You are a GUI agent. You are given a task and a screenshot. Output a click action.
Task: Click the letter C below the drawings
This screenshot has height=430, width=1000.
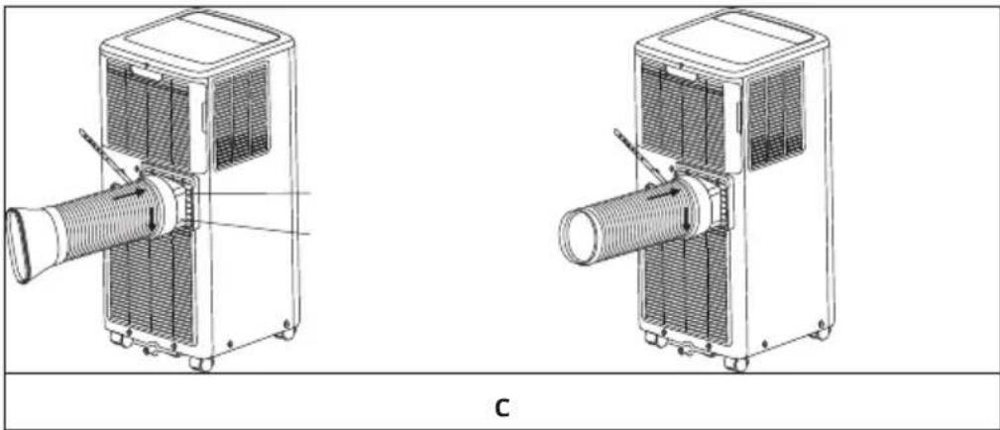coord(502,407)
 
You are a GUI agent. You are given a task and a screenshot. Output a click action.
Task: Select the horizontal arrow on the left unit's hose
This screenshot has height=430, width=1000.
coord(130,192)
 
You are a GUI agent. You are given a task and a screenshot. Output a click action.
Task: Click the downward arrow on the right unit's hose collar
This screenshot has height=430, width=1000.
coord(687,216)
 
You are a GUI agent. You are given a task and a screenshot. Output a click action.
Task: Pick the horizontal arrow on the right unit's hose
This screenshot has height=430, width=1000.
coord(664,192)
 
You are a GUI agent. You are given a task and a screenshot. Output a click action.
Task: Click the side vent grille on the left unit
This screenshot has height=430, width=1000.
coord(241,115)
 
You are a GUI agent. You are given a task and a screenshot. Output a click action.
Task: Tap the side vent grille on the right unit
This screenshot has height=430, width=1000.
coord(775,115)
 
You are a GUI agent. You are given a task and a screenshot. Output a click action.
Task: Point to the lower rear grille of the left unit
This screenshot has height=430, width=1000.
coord(151,284)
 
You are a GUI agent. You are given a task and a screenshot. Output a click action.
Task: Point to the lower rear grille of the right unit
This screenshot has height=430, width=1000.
coord(685,284)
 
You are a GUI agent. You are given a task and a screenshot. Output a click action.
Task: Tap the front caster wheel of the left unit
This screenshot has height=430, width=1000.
coord(201,364)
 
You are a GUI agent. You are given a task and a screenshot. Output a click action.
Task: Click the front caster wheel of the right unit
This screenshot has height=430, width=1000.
coord(735,364)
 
